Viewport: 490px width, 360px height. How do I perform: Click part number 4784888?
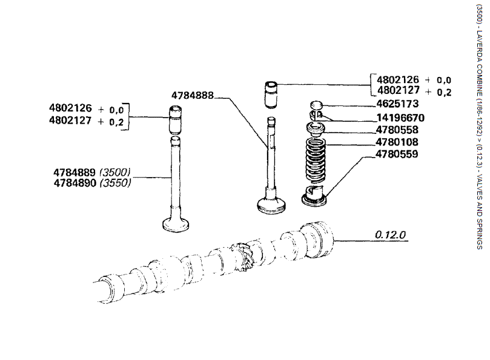pyautogui.click(x=192, y=95)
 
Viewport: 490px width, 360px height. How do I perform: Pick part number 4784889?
pyautogui.click(x=75, y=172)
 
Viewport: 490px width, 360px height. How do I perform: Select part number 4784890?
pyautogui.click(x=75, y=182)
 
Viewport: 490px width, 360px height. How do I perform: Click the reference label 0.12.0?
pyautogui.click(x=389, y=234)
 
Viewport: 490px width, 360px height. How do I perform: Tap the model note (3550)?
pyautogui.click(x=116, y=182)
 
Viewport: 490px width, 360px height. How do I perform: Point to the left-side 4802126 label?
pyautogui.click(x=70, y=108)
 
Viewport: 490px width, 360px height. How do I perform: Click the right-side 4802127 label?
pyautogui.click(x=399, y=91)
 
